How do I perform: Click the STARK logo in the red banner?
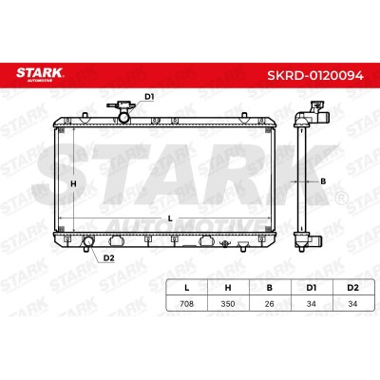pyautogui.click(x=40, y=74)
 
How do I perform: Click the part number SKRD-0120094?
pyautogui.click(x=315, y=75)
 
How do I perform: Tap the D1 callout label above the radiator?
pyautogui.click(x=149, y=97)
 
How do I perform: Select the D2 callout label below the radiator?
pyautogui.click(x=108, y=258)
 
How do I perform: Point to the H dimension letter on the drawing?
pyautogui.click(x=73, y=183)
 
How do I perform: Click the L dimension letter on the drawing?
pyautogui.click(x=170, y=218)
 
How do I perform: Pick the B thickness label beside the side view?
pyautogui.click(x=323, y=181)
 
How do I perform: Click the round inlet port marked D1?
pyautogui.click(x=123, y=118)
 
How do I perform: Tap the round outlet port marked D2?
pyautogui.click(x=87, y=241)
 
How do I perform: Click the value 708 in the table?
pyautogui.click(x=186, y=304)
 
